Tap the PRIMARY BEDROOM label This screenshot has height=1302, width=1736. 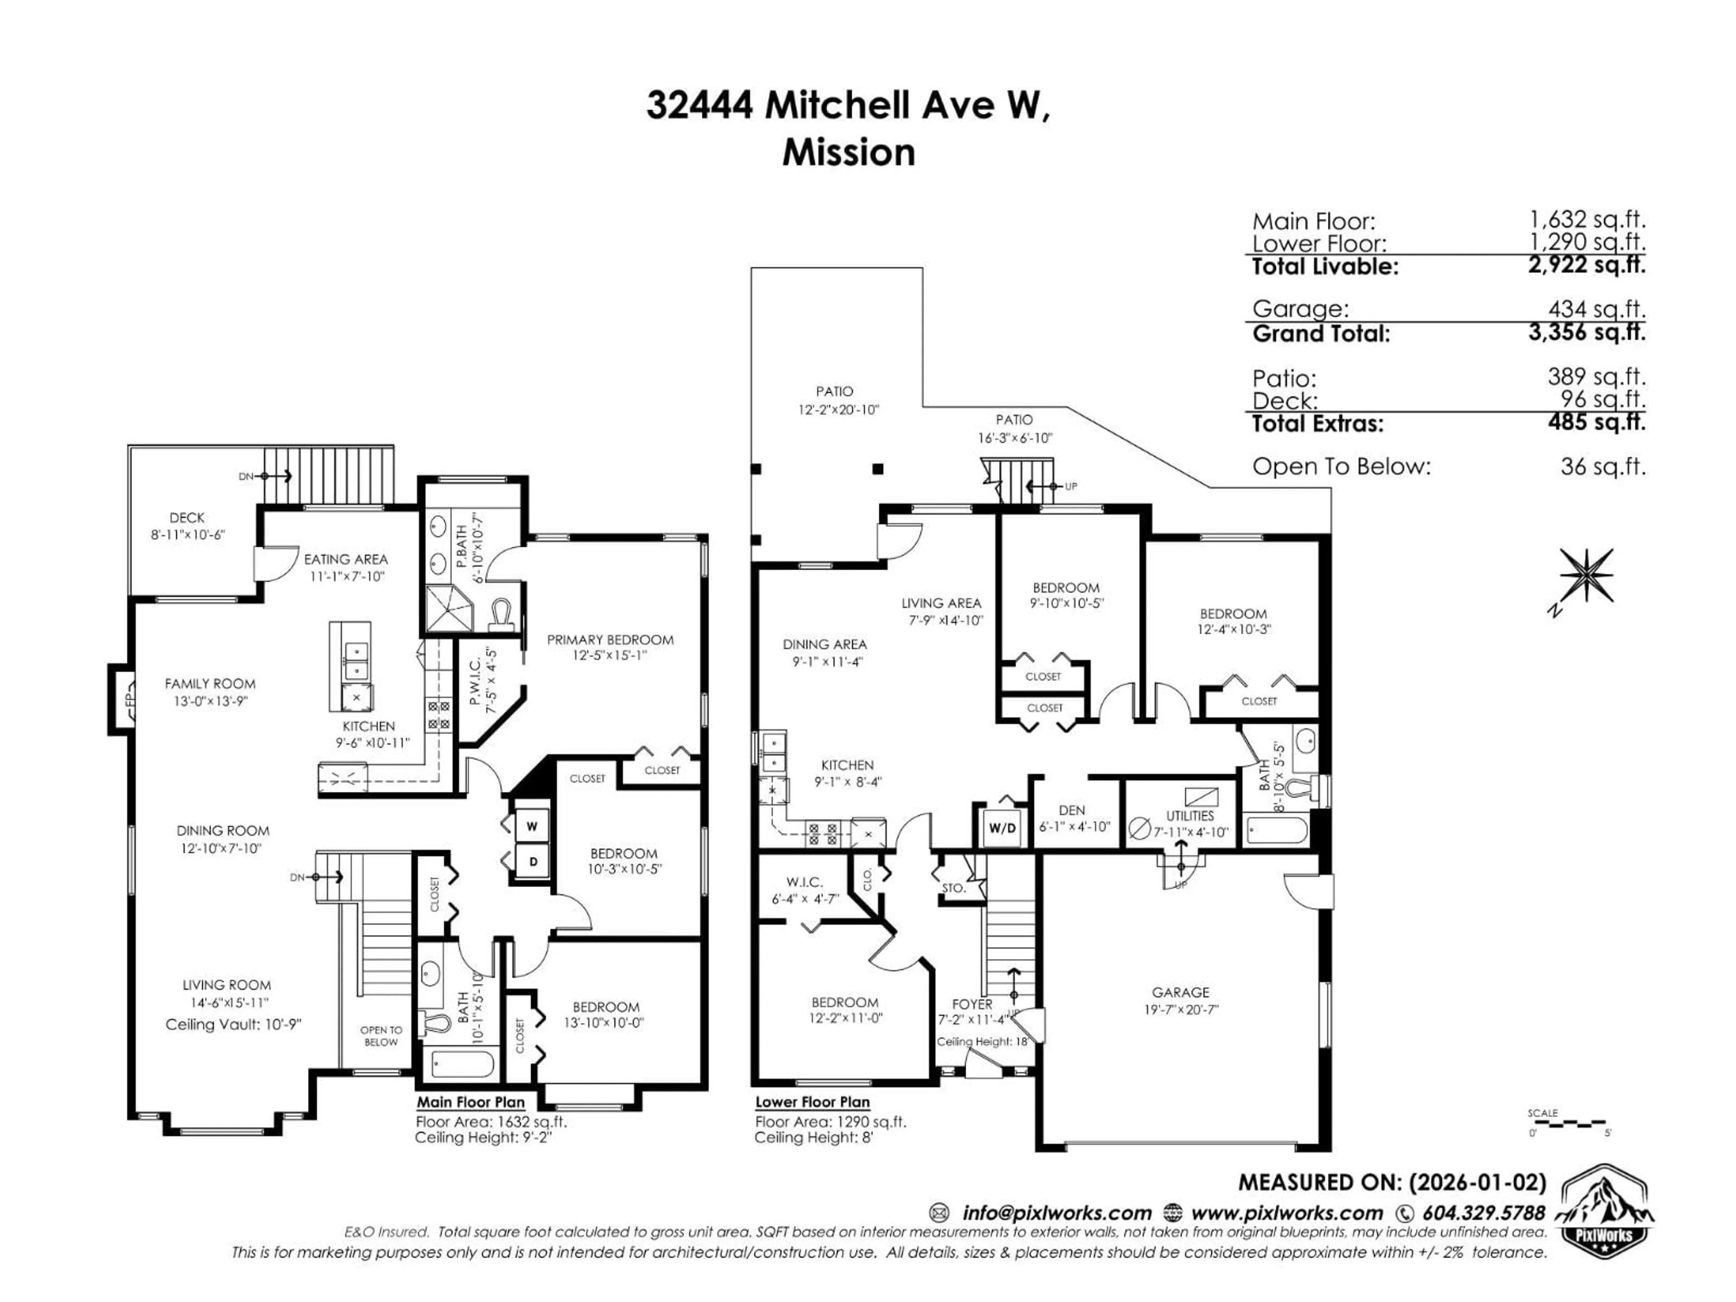(610, 640)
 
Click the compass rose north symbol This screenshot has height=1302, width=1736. (1586, 577)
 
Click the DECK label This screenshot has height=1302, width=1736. (187, 518)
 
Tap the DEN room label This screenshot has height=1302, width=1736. (1071, 810)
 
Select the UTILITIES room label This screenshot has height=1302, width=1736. (1190, 816)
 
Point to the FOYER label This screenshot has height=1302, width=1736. (972, 1004)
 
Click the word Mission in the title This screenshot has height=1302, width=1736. (849, 152)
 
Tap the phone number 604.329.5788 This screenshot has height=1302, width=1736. (1483, 1212)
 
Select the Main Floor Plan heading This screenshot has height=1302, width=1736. (470, 1102)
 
